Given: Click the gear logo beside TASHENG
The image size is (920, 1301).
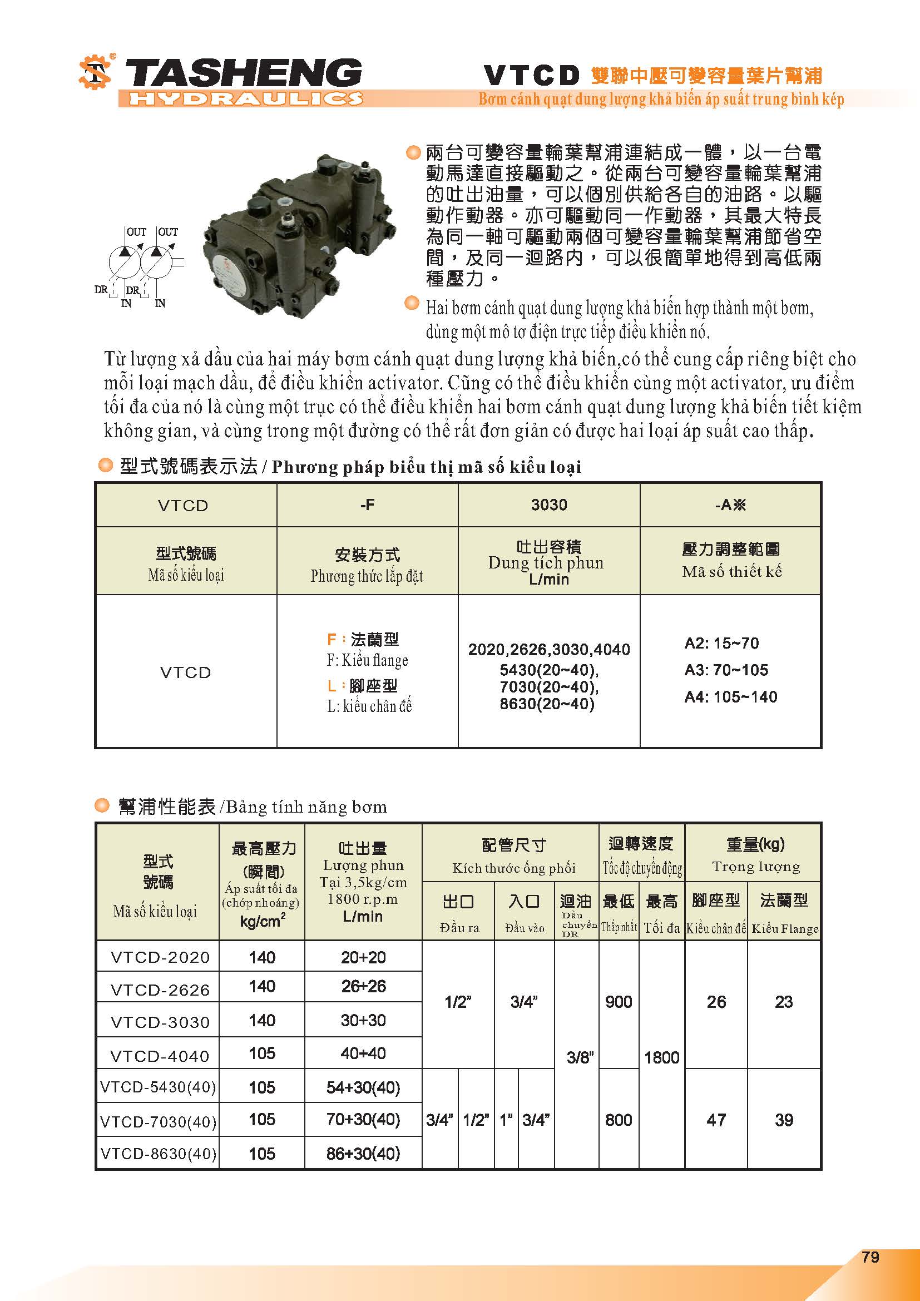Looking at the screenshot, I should [95, 72].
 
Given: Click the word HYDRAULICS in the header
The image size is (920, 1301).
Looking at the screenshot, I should [245, 99].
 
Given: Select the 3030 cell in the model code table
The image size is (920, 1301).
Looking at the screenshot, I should [548, 505].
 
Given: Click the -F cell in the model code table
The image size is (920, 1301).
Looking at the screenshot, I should [367, 505].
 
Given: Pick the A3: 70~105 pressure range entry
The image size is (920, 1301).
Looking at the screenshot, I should [726, 670].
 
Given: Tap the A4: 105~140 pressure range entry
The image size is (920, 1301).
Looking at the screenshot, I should [730, 696].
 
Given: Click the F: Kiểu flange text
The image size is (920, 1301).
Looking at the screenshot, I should [367, 661].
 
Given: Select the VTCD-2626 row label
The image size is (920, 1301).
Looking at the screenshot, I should [160, 990].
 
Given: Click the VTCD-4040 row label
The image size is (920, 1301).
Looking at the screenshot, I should [160, 1056].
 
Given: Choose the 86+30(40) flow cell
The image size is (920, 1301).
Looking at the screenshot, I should [363, 1153].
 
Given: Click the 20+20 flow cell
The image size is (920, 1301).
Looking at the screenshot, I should [363, 957].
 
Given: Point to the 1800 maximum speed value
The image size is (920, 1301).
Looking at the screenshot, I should [662, 1057].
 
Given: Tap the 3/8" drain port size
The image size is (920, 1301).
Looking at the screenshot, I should [580, 1057].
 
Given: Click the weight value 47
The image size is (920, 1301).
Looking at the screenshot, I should [716, 1120].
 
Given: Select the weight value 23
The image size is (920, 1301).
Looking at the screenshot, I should [784, 1002].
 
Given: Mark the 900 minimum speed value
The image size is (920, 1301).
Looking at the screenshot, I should [619, 1002].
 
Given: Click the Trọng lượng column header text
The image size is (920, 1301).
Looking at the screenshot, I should [756, 867].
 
